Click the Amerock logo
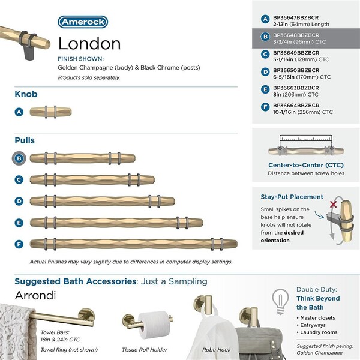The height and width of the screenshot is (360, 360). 83,22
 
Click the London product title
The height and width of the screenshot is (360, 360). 89,44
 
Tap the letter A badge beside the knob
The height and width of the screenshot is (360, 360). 20,112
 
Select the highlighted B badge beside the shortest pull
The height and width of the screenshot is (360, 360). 20,159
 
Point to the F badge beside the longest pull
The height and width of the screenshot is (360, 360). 20,244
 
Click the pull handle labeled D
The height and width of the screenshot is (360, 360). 102,201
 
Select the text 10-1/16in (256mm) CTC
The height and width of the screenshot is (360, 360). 301,112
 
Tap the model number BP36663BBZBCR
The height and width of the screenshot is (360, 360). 294,88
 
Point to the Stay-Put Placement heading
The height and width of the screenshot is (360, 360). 292,197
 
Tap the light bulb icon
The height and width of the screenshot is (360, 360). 278,298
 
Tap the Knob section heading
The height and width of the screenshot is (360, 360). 27,94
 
